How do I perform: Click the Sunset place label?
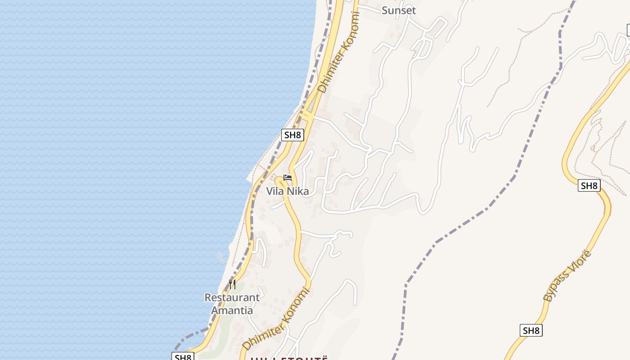(399, 10)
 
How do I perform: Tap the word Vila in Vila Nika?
(275, 191)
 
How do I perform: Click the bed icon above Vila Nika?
(288, 178)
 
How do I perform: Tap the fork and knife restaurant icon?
(232, 284)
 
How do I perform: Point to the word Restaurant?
(232, 297)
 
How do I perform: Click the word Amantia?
(232, 310)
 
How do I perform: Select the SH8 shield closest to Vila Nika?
(292, 135)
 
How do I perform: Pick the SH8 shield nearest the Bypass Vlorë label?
(531, 330)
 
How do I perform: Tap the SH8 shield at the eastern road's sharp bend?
(589, 185)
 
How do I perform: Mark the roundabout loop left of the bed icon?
(279, 181)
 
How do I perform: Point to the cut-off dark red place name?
(288, 358)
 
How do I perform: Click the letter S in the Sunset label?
(385, 10)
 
